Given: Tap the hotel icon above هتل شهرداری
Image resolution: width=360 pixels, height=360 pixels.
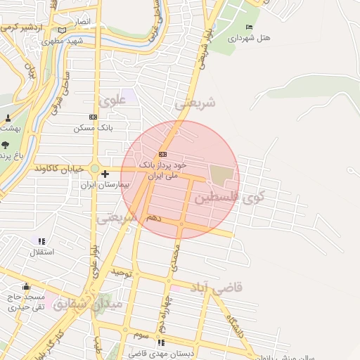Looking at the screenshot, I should click(x=248, y=27).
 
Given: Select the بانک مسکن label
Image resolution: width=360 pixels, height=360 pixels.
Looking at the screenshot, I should click(x=93, y=128).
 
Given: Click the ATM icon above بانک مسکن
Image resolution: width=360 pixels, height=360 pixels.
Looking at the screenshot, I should click(x=93, y=117).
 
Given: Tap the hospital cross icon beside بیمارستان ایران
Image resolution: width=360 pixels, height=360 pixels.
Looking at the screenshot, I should click(x=105, y=174).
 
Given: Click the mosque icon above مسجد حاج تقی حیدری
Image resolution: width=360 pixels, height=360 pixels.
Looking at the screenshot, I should click(x=27, y=286).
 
